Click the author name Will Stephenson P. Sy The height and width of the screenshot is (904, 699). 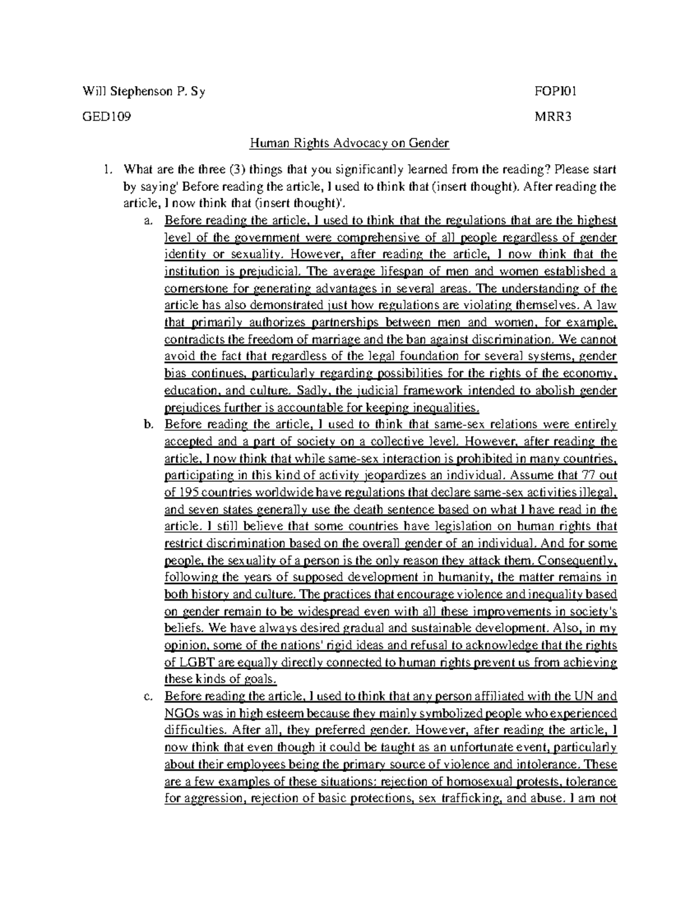point(144,91)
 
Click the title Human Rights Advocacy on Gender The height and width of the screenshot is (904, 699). point(349,143)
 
